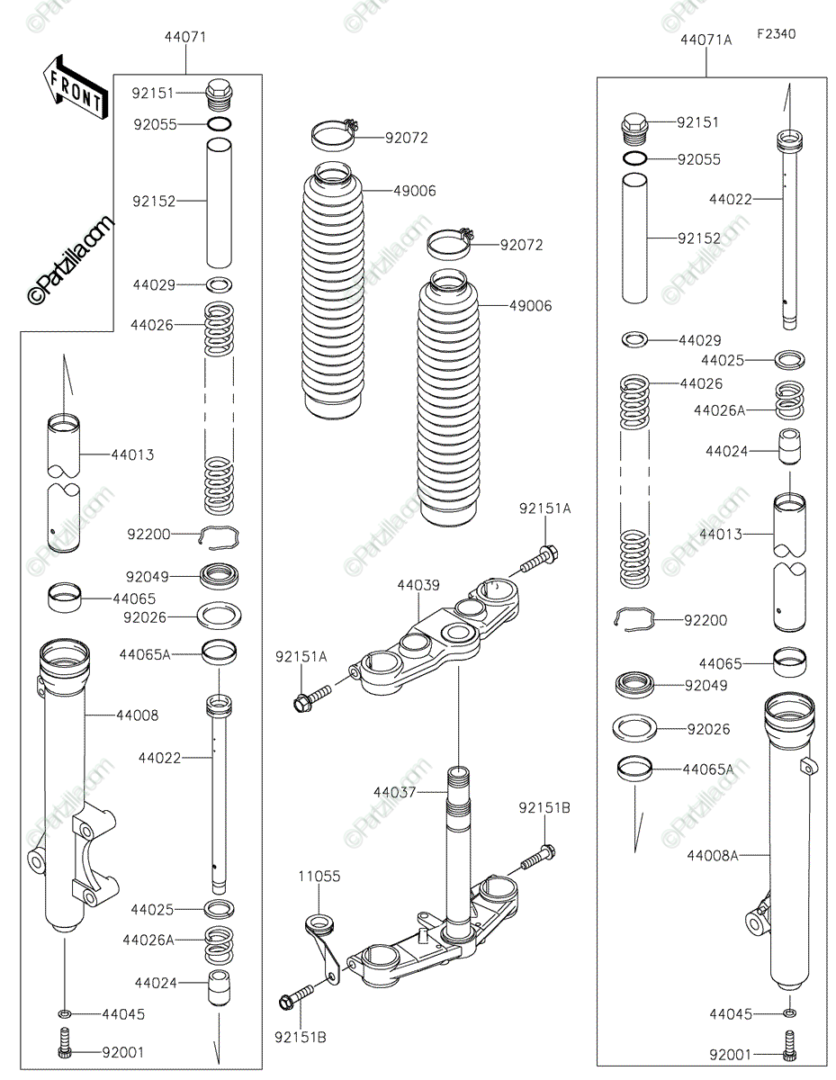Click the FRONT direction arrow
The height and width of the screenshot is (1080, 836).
75,87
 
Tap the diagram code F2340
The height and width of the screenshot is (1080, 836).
776,34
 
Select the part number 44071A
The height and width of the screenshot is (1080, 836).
706,40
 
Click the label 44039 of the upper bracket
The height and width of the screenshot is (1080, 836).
418,585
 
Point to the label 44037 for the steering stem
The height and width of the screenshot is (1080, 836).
394,792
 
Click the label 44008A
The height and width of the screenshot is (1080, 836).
713,855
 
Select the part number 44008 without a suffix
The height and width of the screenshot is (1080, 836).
137,715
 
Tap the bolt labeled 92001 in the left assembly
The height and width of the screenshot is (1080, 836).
64,1043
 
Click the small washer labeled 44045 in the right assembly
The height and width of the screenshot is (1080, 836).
789,1012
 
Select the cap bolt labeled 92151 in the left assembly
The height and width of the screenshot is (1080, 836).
219,94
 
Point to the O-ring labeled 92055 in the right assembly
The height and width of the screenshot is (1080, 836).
634,158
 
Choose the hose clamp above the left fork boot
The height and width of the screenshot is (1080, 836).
334,134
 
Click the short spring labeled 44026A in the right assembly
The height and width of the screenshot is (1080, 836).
789,400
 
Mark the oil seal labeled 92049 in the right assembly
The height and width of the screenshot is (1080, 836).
634,686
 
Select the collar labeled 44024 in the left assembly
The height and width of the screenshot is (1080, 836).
219,988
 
